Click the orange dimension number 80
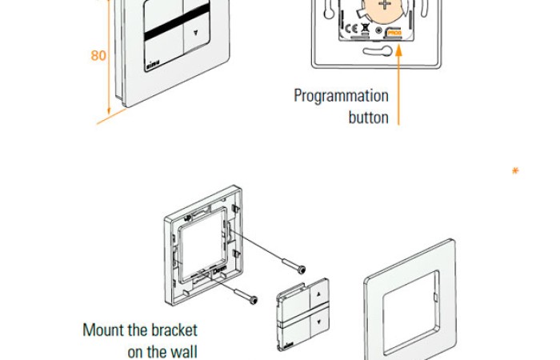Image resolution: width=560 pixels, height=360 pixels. [98, 56]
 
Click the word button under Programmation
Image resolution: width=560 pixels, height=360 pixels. [368, 118]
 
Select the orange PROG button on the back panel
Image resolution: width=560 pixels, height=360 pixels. [394, 33]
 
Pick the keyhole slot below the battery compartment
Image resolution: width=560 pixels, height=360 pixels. [380, 51]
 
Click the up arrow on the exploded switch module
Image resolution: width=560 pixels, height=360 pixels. [322, 294]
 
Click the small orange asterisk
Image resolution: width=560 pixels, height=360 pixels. [515, 170]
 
